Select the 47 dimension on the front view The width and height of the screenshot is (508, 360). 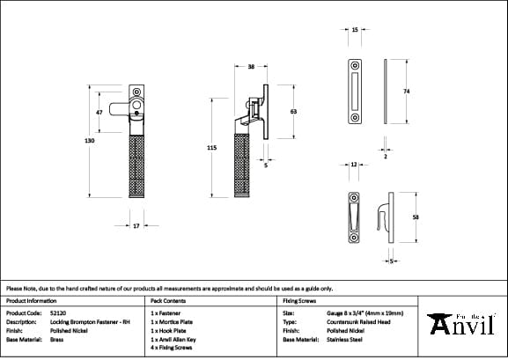100,113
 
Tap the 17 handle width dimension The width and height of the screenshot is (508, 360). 136,226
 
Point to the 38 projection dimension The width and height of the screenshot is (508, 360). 251,66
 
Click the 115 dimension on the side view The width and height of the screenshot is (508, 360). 211,149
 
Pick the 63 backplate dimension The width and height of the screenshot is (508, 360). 292,112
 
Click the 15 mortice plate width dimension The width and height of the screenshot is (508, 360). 354,30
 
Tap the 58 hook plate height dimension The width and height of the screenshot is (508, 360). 416,217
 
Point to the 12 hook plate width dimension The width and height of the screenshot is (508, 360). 353,165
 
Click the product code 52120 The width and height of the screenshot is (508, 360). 58,312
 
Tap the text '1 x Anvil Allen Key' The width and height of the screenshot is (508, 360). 180,339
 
